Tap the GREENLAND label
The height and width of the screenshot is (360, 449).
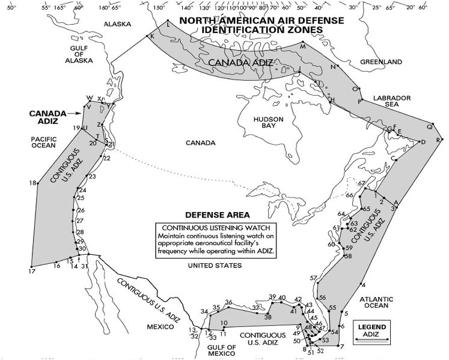coord(380,62)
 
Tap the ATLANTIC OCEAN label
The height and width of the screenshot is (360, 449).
coord(377,302)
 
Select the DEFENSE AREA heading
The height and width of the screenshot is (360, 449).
coord(218,215)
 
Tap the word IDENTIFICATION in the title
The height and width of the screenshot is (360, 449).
coord(248,29)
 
